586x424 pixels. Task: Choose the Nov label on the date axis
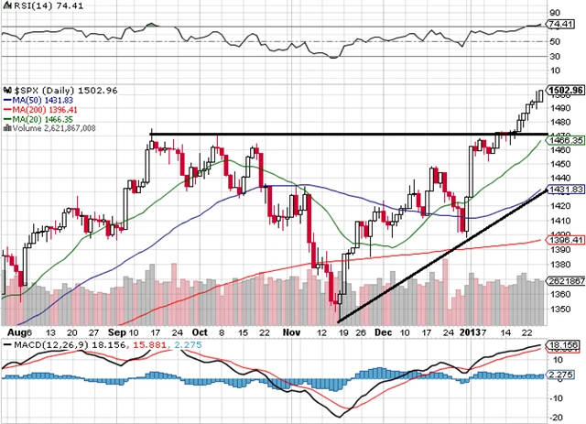pyautogui.click(x=291, y=332)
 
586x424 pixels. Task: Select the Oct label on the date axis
pyautogui.click(x=200, y=332)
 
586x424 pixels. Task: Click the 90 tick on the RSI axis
pyautogui.click(x=554, y=14)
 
